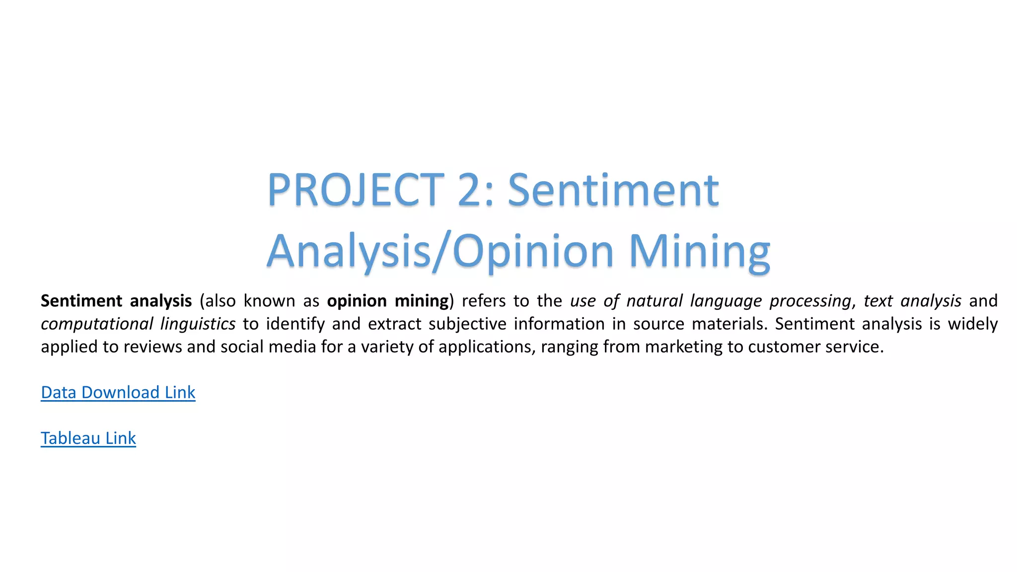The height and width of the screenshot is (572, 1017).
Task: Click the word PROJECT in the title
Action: pyautogui.click(x=356, y=190)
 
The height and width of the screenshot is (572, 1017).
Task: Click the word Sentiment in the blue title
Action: pyautogui.click(x=613, y=190)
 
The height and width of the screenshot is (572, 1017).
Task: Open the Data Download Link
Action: pyautogui.click(x=118, y=392)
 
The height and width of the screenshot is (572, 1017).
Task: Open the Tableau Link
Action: pyautogui.click(x=88, y=438)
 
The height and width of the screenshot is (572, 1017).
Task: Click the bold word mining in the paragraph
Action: pyautogui.click(x=422, y=301)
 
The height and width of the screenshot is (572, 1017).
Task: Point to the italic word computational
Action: pyautogui.click(x=97, y=324)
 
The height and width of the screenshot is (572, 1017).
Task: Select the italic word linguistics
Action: pyautogui.click(x=198, y=324)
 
